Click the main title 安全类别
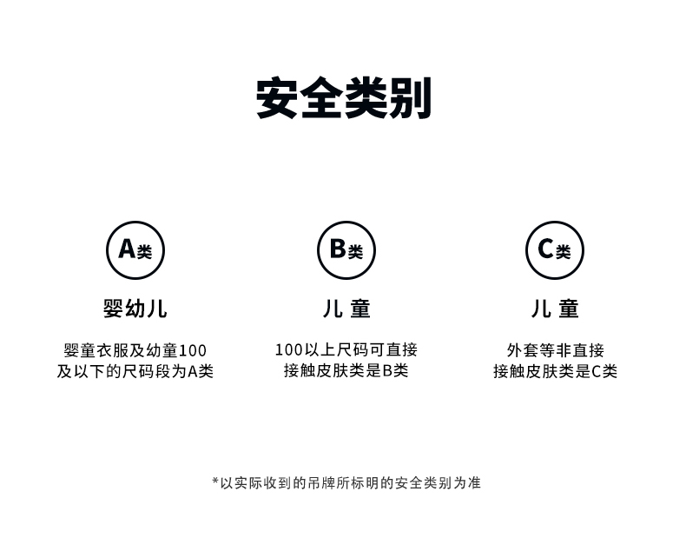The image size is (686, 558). click(344, 98)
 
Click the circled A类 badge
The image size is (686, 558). click(135, 249)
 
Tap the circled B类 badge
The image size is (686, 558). click(346, 249)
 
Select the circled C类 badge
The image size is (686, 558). click(554, 249)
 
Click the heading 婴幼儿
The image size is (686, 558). click(135, 309)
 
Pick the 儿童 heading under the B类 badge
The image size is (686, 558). click(346, 309)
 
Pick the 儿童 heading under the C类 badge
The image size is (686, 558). click(555, 309)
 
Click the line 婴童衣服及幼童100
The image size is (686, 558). click(135, 350)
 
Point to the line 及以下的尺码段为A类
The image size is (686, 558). click(135, 371)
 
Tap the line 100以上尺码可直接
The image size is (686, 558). click(346, 350)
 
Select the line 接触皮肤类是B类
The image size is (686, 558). click(346, 371)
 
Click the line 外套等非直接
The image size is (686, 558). click(555, 350)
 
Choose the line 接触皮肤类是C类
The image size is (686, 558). click(555, 371)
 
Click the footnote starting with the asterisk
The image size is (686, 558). click(346, 482)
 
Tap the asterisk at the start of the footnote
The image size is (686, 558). click(215, 481)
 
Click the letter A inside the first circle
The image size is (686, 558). click(127, 249)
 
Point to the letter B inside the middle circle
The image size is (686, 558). click(338, 249)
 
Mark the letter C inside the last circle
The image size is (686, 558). click(545, 249)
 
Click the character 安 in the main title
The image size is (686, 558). click(278, 98)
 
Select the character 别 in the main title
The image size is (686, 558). click(411, 98)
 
